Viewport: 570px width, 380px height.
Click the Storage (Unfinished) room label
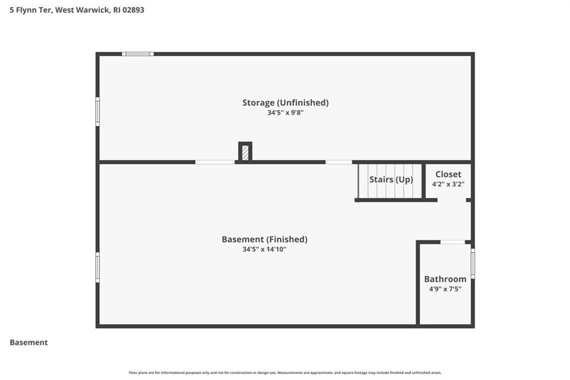pos(286,103)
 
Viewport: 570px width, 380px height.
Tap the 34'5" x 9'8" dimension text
pos(286,113)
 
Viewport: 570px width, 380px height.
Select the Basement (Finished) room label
pos(264,240)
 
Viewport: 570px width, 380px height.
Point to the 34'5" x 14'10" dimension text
pos(264,249)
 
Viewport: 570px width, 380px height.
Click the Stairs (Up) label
pos(391,179)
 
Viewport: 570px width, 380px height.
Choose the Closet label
pos(448,174)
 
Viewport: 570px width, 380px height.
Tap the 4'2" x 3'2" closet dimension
pos(448,184)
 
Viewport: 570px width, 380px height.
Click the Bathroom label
pos(445,279)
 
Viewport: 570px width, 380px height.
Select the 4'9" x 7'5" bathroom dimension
pos(445,289)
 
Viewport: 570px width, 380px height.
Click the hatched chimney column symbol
pos(245,152)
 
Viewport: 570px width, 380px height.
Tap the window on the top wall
pos(138,54)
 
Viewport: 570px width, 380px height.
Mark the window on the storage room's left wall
pos(97,112)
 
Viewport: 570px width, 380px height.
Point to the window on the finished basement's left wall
pos(97,267)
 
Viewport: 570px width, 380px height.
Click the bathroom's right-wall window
pos(473,264)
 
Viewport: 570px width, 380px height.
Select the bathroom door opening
pos(453,242)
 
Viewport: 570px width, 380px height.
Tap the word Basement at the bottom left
pos(29,343)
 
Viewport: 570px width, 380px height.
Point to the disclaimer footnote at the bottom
pos(285,373)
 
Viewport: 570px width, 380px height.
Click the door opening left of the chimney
pos(215,162)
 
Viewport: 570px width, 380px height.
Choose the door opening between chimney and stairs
pos(339,162)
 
